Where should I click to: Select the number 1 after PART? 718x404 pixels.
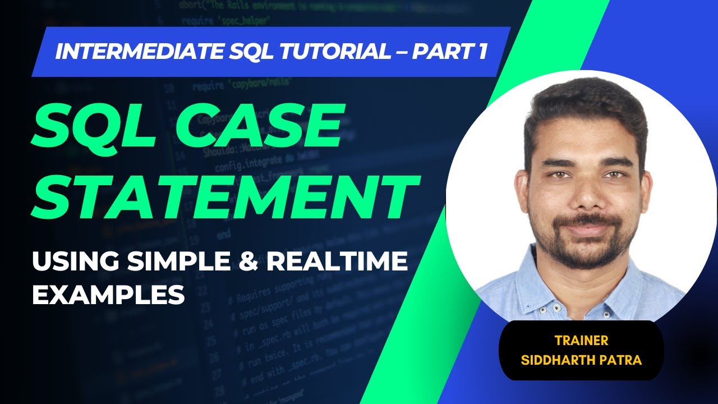point(481,52)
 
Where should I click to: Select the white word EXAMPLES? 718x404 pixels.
point(108,293)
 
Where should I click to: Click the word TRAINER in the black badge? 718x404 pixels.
point(581,340)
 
